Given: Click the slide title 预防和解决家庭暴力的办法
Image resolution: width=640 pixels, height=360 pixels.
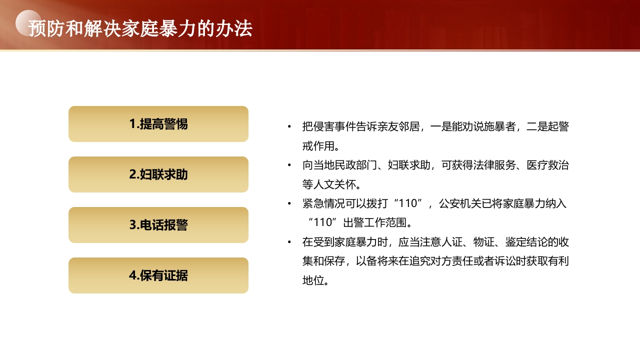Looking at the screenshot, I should pos(140,28).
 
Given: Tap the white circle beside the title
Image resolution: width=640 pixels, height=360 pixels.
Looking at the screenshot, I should pos(28,23).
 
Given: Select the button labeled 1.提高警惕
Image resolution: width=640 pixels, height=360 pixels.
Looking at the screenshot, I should pos(158,124).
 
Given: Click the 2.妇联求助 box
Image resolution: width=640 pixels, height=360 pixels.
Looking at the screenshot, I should pos(158,174).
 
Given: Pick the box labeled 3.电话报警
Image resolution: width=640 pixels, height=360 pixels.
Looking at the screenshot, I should pos(158,225).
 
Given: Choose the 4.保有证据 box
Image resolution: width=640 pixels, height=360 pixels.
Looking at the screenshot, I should pos(158,275).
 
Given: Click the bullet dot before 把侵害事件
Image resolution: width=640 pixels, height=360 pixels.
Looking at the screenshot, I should pos(289,127).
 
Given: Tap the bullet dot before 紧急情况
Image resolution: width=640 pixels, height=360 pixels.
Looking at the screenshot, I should pos(289,204).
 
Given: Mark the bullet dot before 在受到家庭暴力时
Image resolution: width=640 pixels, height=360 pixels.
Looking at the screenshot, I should pos(289,242).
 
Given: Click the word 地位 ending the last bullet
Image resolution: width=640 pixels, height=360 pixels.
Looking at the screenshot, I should pos(313,280).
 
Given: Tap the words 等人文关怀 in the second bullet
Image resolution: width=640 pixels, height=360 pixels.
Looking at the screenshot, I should pos(330,184).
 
